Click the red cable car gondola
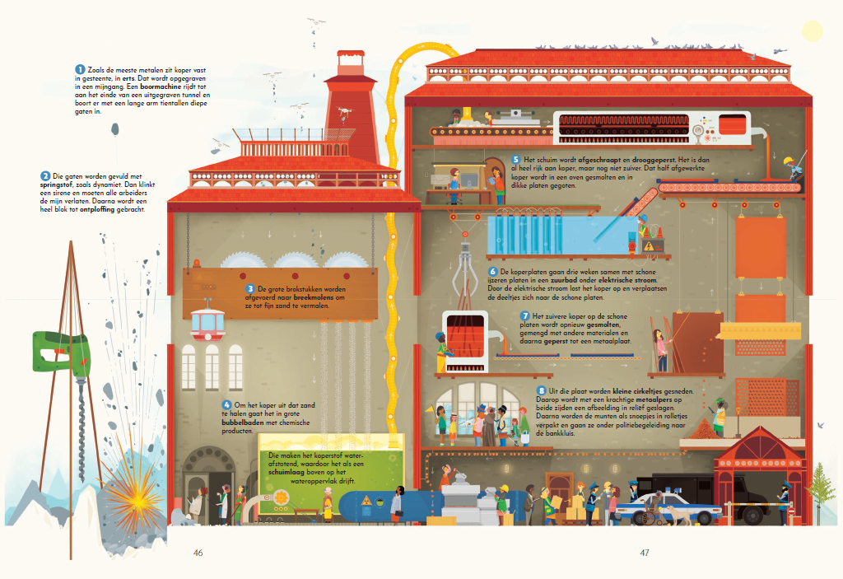[x=207, y=323]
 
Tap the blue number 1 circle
[x=80, y=69]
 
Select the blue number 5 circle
[x=516, y=160]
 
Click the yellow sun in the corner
[x=813, y=31]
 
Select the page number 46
[x=198, y=553]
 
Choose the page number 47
[x=645, y=553]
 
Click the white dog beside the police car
[x=680, y=513]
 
